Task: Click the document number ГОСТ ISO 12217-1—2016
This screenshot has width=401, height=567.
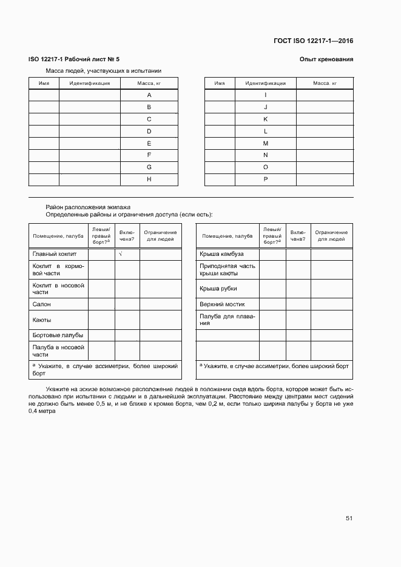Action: tap(313, 41)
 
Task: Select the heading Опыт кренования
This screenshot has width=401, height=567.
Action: tap(326, 59)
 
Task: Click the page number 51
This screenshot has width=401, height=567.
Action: tap(349, 518)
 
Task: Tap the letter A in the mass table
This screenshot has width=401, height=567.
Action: tap(149, 95)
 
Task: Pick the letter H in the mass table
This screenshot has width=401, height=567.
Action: tap(149, 179)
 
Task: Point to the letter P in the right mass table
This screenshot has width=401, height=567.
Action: tap(265, 179)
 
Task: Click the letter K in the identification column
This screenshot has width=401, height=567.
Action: tap(265, 119)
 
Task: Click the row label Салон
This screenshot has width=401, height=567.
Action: tap(42, 304)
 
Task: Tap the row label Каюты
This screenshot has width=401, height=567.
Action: tap(42, 320)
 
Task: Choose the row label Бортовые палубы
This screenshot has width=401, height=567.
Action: tap(58, 335)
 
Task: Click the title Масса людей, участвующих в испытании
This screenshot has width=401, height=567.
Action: tap(99, 70)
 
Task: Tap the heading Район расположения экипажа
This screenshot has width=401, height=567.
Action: tap(88, 207)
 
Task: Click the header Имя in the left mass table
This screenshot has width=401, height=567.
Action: tap(44, 83)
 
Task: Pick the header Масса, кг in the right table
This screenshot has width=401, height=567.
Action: tap(325, 83)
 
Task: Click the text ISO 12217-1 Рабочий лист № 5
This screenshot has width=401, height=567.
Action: tap(74, 59)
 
